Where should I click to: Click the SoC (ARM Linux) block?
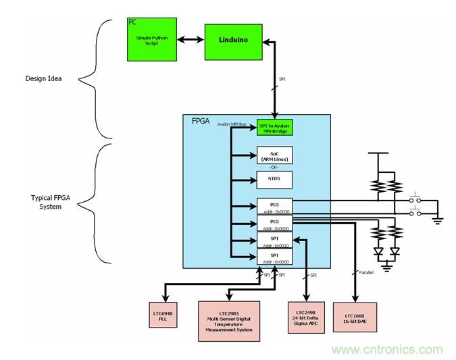(276, 156)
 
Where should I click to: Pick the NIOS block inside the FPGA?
(276, 180)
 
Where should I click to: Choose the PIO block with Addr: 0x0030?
(276, 205)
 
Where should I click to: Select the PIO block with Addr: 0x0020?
(276, 223)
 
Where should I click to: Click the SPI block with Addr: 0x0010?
(276, 240)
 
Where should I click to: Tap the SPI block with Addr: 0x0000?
(276, 257)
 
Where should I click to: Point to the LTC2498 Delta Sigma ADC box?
(306, 315)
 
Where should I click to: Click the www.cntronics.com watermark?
(387, 350)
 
